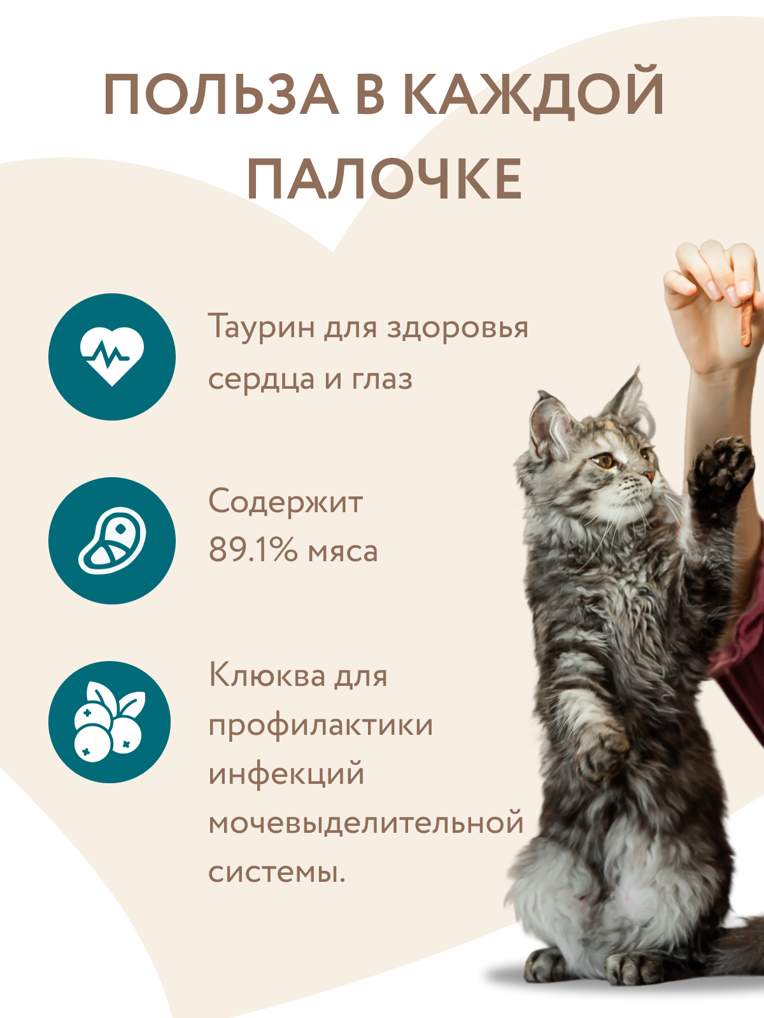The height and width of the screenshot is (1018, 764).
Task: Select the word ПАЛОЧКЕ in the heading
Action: click(385, 179)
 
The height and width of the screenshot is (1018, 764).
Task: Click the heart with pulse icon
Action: click(112, 356)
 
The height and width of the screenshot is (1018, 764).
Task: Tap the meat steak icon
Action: click(112, 540)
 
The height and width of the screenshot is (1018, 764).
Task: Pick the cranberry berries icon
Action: click(110, 722)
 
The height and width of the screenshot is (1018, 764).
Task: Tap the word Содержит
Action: click(285, 503)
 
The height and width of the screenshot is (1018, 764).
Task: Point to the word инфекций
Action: click(286, 774)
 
